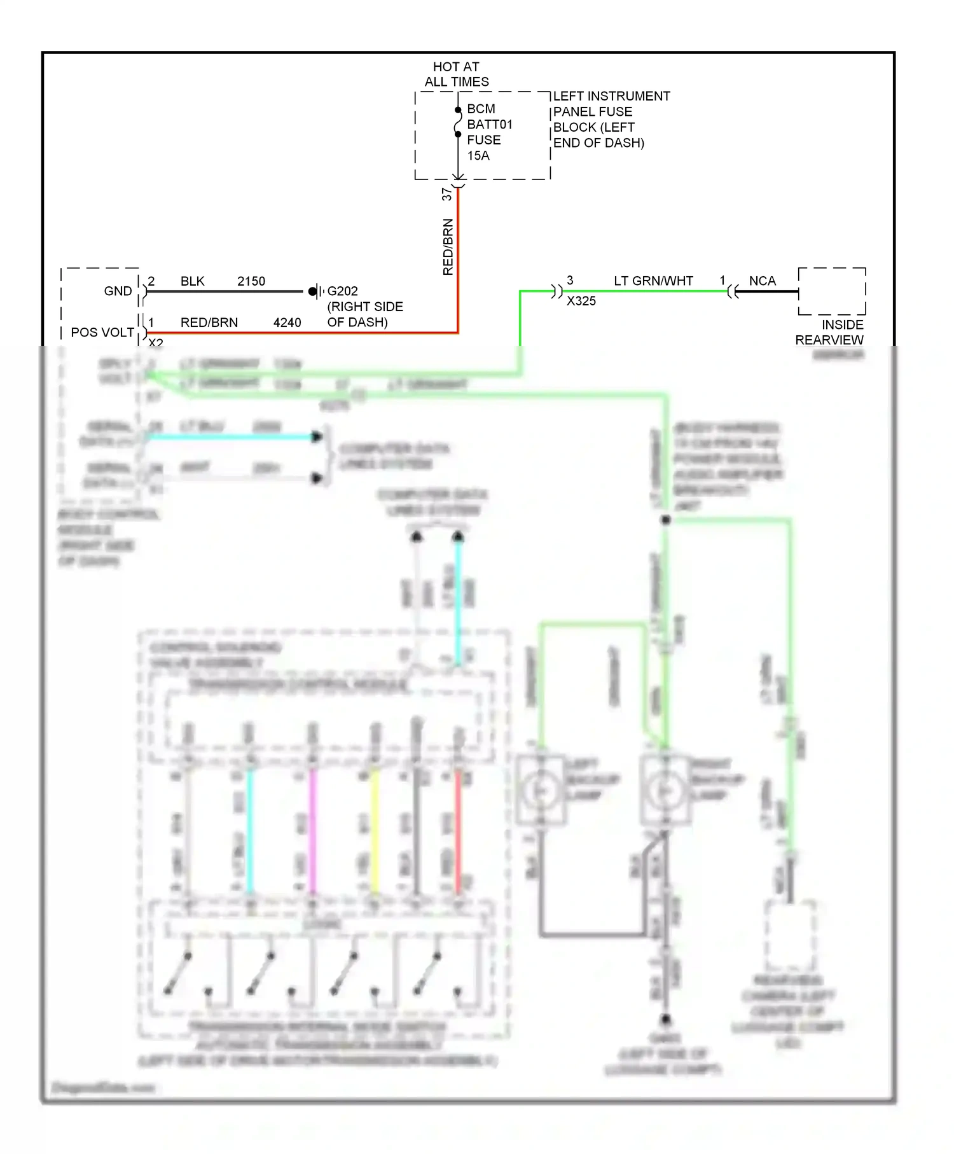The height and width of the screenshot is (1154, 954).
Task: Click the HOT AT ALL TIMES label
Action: point(456,74)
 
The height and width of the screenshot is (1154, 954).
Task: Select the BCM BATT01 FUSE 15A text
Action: point(488,132)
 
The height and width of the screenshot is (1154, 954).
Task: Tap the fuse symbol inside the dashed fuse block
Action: point(457,122)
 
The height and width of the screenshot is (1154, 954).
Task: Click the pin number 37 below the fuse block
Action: point(447,194)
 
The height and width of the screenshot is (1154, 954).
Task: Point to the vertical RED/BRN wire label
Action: point(448,247)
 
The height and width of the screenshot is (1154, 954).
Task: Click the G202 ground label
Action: point(342,291)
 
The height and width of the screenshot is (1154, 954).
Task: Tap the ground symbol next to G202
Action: point(315,291)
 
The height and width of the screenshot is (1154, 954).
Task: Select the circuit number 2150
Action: point(251,281)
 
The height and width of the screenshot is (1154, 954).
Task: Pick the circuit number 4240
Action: point(287,323)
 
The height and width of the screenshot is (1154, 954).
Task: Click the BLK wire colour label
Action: point(192,281)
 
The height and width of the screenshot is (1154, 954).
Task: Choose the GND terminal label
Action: point(118,291)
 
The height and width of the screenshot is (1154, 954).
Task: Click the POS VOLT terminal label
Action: point(102,333)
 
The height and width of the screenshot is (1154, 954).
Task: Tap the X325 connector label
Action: point(581,301)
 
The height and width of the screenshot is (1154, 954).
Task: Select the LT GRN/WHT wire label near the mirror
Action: point(653,281)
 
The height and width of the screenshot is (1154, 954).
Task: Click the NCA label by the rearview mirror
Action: point(762,281)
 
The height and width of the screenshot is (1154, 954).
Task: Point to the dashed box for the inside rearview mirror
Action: point(832,291)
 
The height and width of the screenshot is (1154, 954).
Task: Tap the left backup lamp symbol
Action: point(541,791)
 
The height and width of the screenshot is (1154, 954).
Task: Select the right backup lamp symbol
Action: point(665,791)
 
